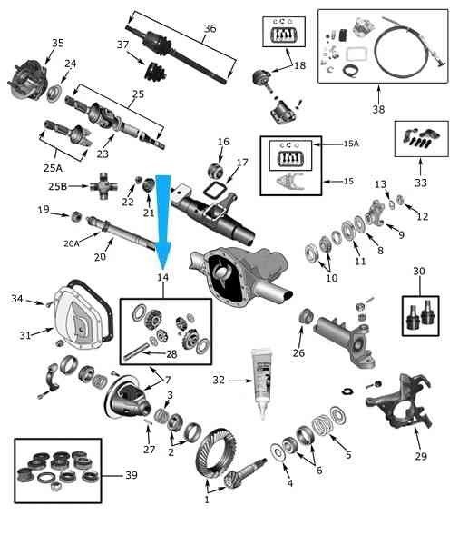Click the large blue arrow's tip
[x=162, y=269]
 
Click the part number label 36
[x=210, y=28]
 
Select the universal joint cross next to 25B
[x=103, y=186]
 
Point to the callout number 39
[x=132, y=475]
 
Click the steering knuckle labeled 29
[x=399, y=401]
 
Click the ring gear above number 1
[x=213, y=451]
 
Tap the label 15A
[x=351, y=144]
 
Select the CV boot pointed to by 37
[x=156, y=73]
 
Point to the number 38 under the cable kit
[x=378, y=109]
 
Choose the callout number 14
[x=163, y=277]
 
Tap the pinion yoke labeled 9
[x=376, y=212]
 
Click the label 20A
[x=71, y=243]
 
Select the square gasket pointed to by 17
[x=215, y=190]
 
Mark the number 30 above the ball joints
[x=419, y=271]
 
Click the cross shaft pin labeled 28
[x=136, y=352]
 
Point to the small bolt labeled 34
[x=49, y=305]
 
